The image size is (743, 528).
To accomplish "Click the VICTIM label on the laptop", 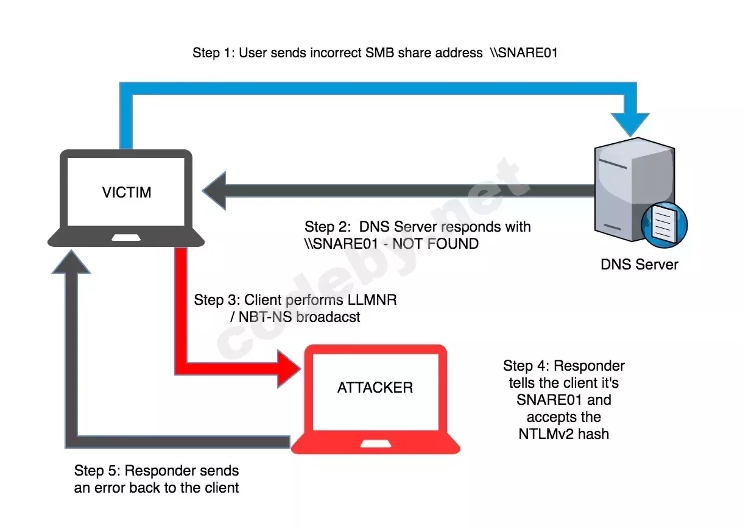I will coord(127,193).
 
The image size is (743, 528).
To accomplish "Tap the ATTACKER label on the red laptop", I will coord(375,388).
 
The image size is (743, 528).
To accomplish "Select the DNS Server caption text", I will coord(639,265).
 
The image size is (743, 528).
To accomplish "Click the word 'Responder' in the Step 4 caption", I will coord(589,366).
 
